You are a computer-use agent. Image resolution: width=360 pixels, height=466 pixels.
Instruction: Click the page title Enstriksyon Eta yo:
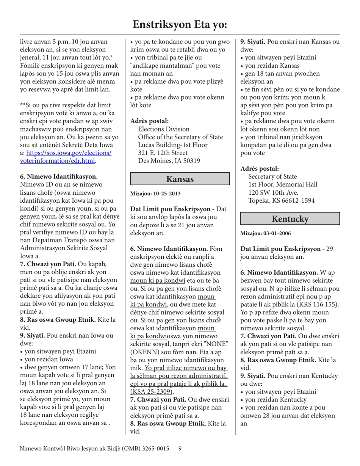(x=180, y=25)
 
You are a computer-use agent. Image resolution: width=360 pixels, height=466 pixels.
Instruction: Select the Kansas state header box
(x=180, y=179)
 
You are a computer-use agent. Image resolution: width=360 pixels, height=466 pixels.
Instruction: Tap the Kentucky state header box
(x=290, y=219)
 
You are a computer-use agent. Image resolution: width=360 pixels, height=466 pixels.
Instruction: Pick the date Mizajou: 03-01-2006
(x=266, y=233)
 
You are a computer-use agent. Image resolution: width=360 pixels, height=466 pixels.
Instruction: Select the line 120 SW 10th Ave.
(x=271, y=192)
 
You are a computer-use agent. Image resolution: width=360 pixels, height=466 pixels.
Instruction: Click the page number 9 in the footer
(x=180, y=449)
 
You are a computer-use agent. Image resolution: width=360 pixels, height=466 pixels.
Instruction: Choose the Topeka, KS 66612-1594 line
(x=281, y=200)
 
